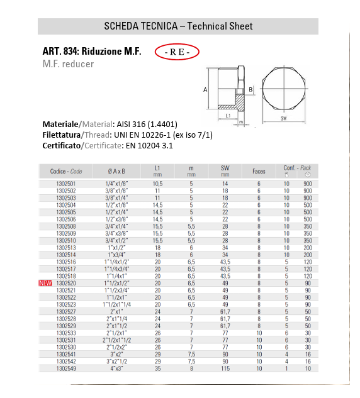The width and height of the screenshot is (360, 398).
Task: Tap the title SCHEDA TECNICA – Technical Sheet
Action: click(177, 26)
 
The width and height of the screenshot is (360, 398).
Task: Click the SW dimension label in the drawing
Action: click(284, 118)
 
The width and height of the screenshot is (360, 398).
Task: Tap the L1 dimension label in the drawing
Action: click(229, 116)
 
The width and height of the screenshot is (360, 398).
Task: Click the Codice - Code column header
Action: click(66, 171)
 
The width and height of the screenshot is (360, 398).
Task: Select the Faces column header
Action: click(259, 171)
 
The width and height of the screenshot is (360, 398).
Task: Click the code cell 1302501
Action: click(66, 184)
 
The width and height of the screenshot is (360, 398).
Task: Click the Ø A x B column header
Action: click(119, 171)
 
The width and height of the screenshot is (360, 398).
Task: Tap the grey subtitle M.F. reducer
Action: click(68, 64)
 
